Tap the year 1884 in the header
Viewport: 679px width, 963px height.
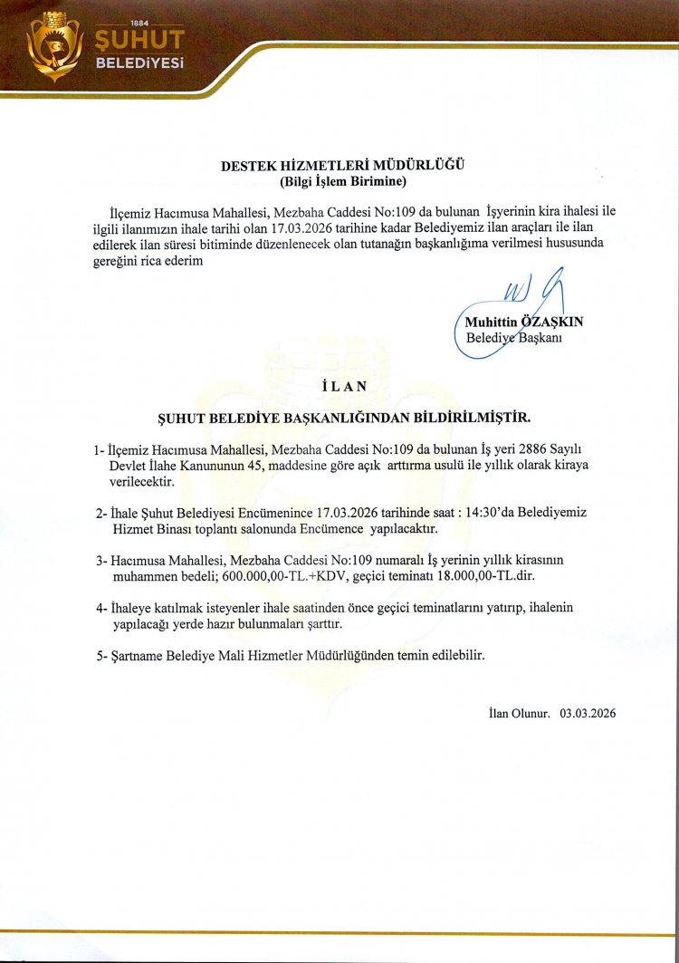click(139, 22)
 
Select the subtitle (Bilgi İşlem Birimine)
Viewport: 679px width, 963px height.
click(342, 181)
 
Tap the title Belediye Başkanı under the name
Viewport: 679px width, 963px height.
click(514, 338)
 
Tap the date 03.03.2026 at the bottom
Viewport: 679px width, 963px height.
click(588, 713)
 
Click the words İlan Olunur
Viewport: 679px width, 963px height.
click(513, 713)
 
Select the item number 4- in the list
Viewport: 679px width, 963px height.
click(101, 606)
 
